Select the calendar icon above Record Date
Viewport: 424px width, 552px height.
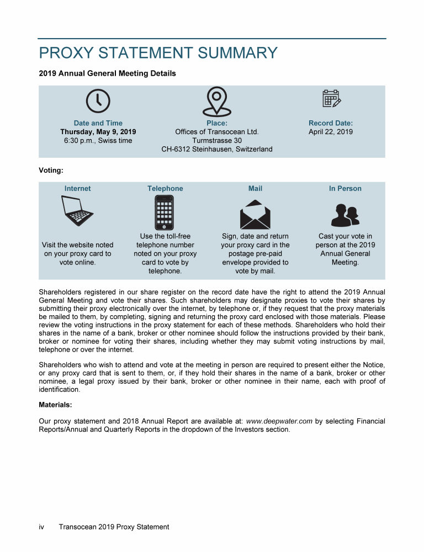click(331, 98)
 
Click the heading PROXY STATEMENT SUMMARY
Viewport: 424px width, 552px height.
click(158, 53)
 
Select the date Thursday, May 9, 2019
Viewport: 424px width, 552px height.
click(98, 132)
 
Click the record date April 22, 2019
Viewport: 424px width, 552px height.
click(330, 132)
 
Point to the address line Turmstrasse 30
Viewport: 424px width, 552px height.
click(216, 141)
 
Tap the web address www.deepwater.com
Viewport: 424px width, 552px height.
click(279, 421)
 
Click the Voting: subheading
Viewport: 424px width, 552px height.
click(51, 171)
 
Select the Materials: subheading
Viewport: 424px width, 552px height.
click(55, 405)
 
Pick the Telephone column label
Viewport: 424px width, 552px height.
click(165, 189)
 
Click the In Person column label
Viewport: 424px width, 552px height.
click(345, 189)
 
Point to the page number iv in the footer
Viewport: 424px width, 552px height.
click(41, 527)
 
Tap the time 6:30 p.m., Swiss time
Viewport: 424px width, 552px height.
click(98, 141)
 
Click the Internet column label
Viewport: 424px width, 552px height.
click(77, 189)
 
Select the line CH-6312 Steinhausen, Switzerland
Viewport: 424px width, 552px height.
click(216, 150)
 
